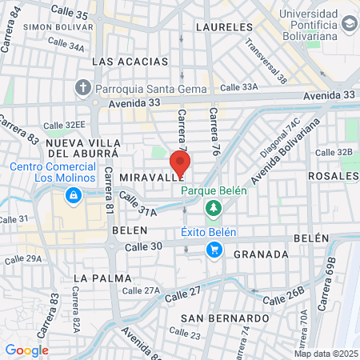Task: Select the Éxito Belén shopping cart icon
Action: pyautogui.click(x=214, y=250)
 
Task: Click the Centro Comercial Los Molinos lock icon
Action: pyautogui.click(x=73, y=195)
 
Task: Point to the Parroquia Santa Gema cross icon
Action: pyautogui.click(x=83, y=87)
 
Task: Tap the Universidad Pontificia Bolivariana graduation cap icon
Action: pyautogui.click(x=349, y=24)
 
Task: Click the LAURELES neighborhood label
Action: pyautogui.click(x=217, y=27)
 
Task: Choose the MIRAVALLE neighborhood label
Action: pyautogui.click(x=145, y=175)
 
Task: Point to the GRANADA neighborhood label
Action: pyautogui.click(x=262, y=254)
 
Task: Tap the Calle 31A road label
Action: pyautogui.click(x=138, y=204)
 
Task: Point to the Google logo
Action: pyautogui.click(x=26, y=350)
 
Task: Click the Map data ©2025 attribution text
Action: pyautogui.click(x=325, y=354)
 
